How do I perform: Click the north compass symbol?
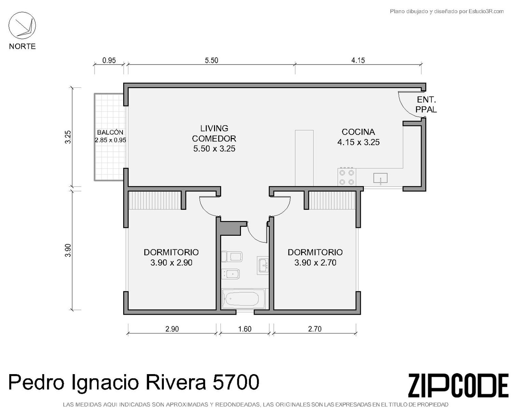click(x=22, y=26)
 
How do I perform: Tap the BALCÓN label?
click(x=110, y=132)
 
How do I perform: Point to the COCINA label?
click(x=358, y=132)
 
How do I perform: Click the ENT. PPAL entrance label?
click(x=426, y=104)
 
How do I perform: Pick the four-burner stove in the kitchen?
click(x=347, y=177)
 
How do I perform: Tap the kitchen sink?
click(x=380, y=178)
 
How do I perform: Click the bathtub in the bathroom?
click(x=243, y=299)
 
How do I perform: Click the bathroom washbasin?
click(x=263, y=265)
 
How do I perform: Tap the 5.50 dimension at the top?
click(x=211, y=60)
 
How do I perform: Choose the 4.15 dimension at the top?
click(x=358, y=60)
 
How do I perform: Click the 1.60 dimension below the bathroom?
click(x=245, y=329)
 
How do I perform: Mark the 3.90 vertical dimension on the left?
click(x=68, y=250)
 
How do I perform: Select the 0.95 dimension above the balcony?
click(x=109, y=60)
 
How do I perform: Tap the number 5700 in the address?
click(x=236, y=382)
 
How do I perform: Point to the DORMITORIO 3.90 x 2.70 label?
click(x=315, y=257)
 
